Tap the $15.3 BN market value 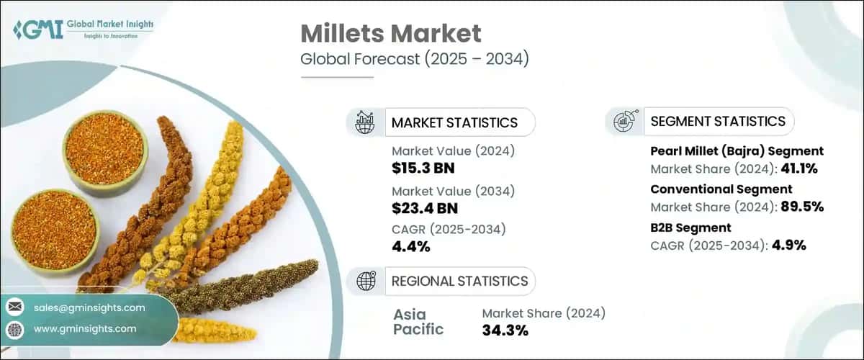[x=423, y=168]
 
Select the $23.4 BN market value [x=425, y=209]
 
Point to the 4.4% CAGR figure [x=411, y=247]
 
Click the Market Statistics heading [x=454, y=122]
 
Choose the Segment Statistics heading [x=717, y=121]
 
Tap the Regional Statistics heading [x=459, y=281]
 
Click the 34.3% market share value [x=505, y=330]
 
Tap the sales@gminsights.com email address [x=89, y=307]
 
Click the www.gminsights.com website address [x=85, y=328]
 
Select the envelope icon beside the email [x=14, y=307]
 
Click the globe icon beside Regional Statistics [x=365, y=281]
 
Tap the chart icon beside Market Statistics [x=365, y=122]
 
